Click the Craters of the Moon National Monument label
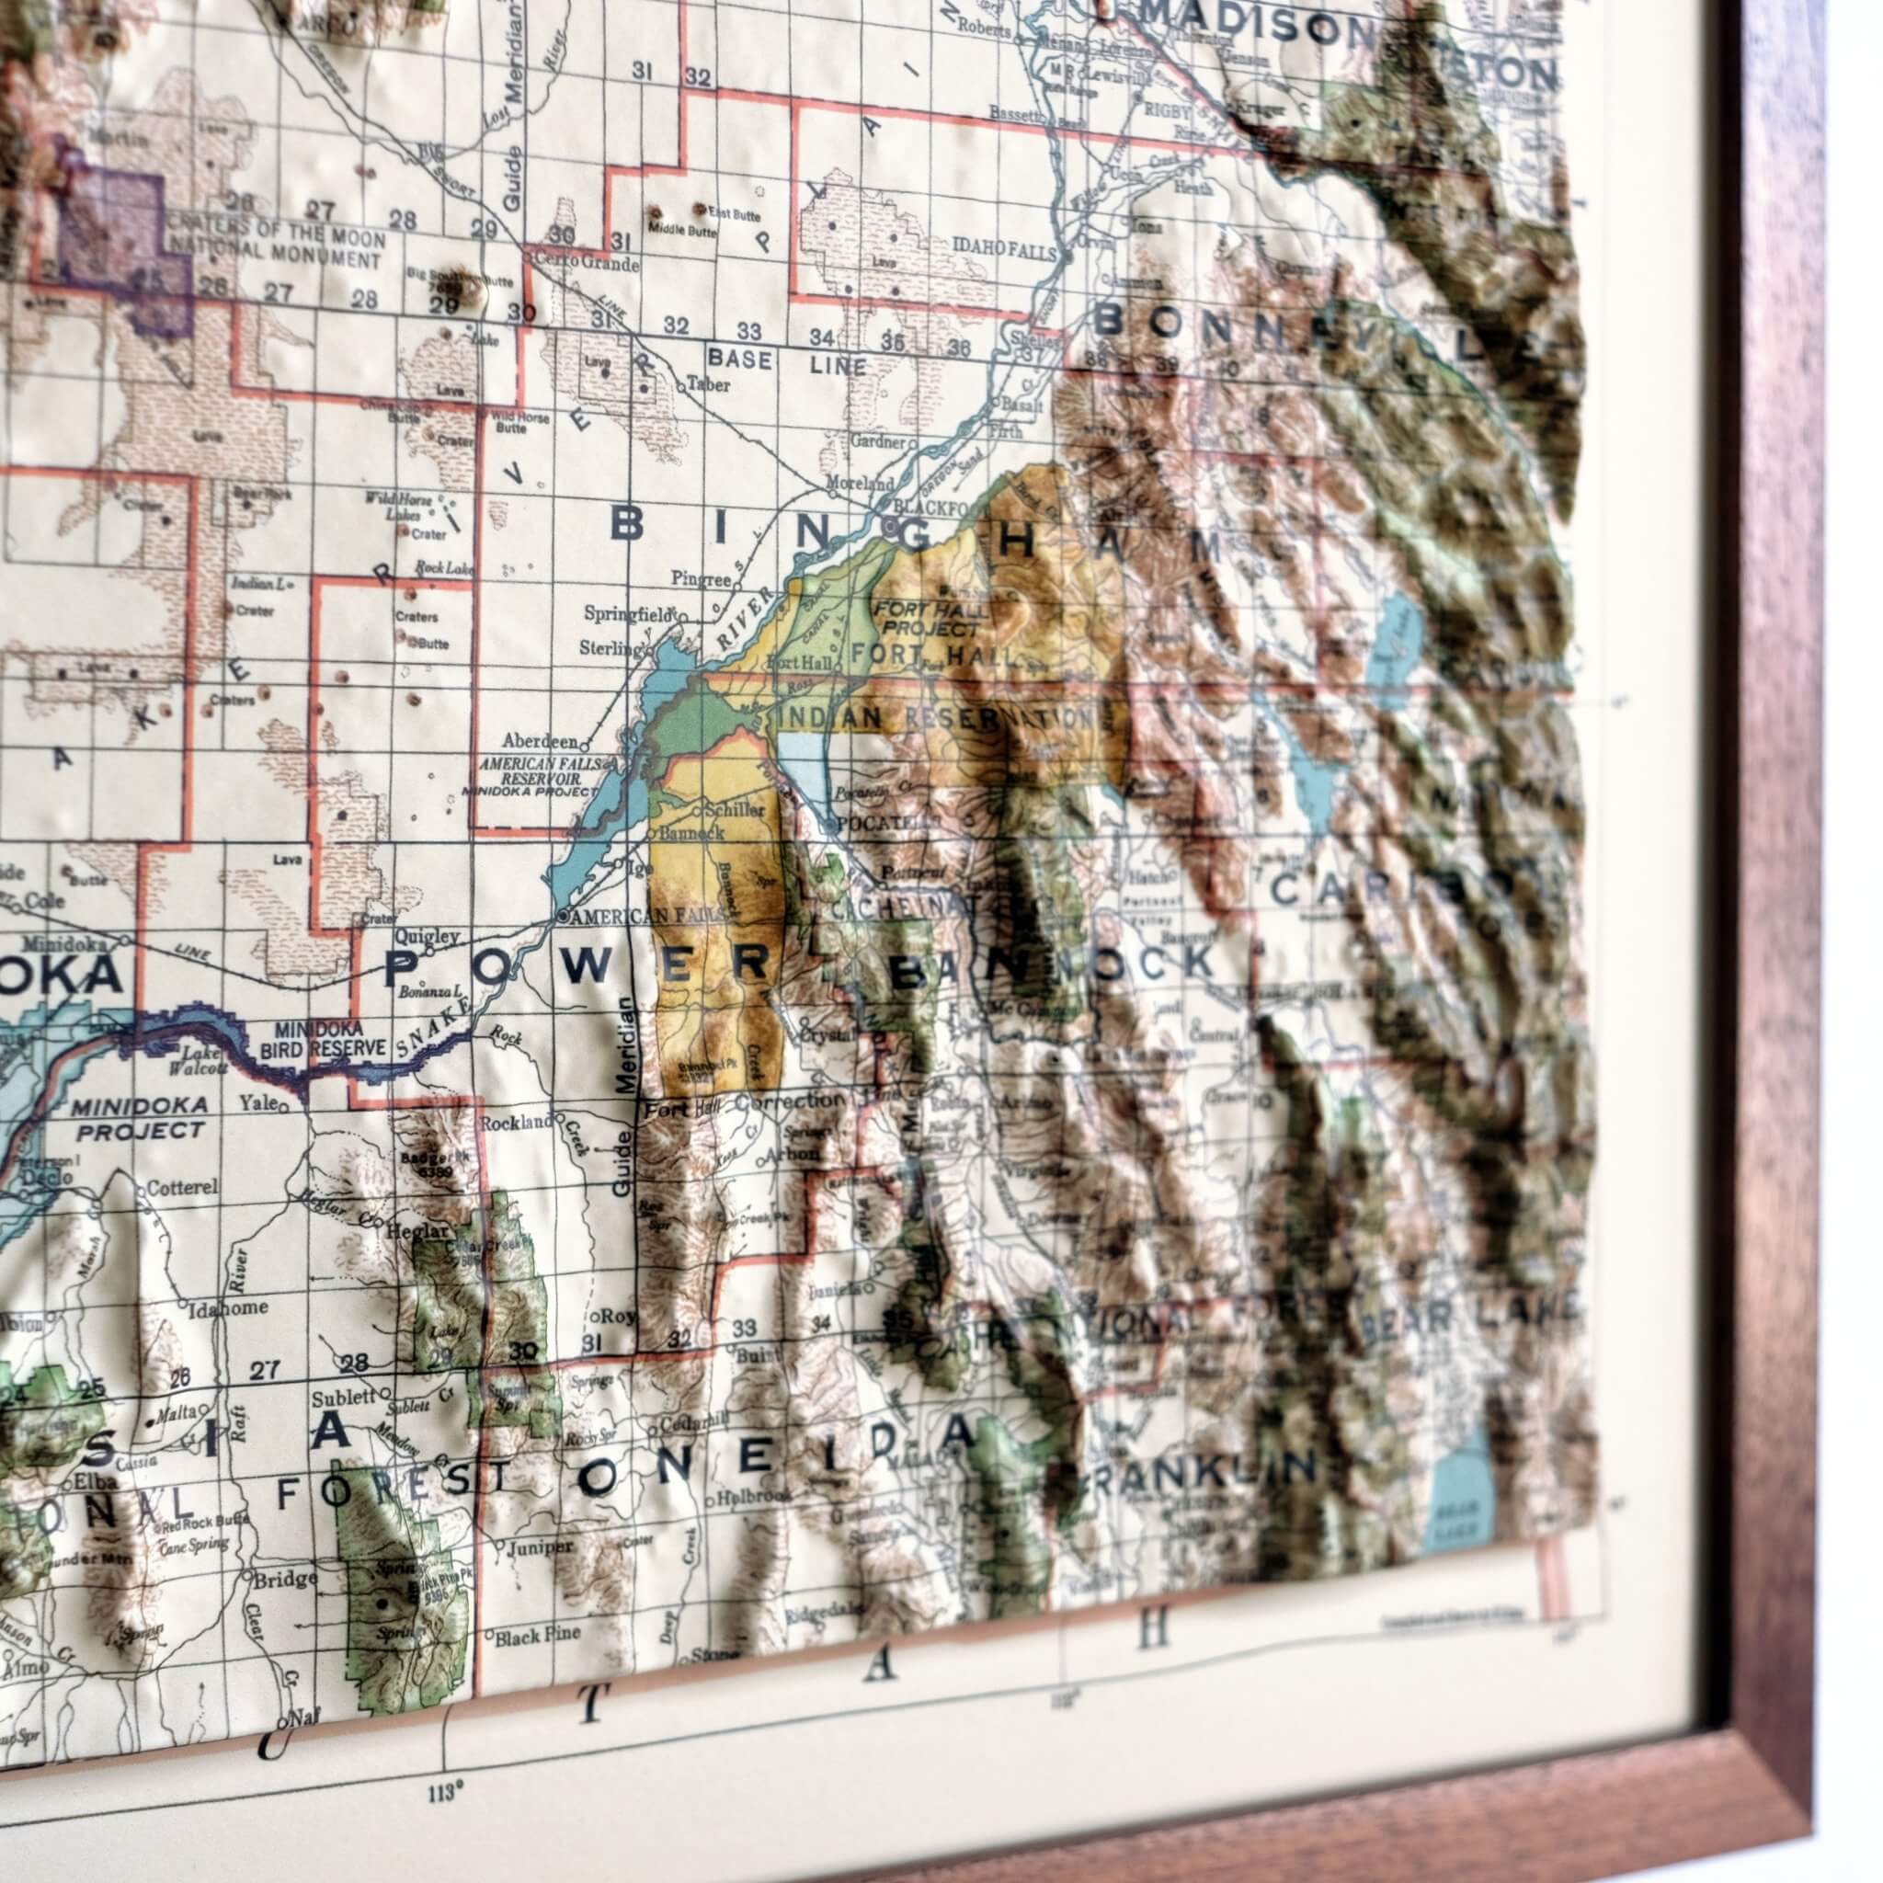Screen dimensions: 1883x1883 pyautogui.click(x=276, y=249)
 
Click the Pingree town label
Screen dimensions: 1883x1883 pyautogui.click(x=700, y=579)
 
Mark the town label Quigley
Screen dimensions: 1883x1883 pyautogui.click(x=427, y=937)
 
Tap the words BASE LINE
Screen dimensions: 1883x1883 pyautogui.click(x=788, y=362)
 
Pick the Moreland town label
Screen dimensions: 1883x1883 pyautogui.click(x=859, y=484)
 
